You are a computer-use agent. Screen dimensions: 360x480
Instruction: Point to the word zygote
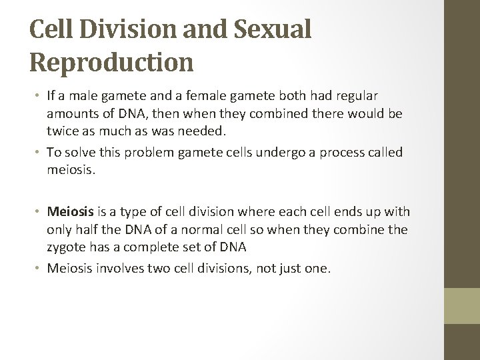(67, 248)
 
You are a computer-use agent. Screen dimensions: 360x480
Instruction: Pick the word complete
(153, 248)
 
